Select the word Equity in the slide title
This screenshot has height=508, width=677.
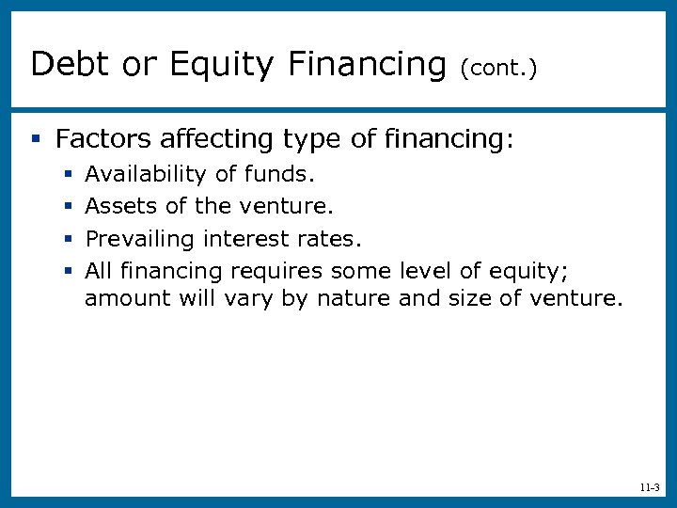pyautogui.click(x=222, y=64)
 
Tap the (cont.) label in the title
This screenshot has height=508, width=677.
pyautogui.click(x=498, y=68)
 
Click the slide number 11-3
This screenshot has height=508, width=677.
pyautogui.click(x=649, y=488)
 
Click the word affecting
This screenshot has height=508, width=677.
pyautogui.click(x=217, y=140)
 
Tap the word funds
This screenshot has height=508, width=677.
pyautogui.click(x=279, y=174)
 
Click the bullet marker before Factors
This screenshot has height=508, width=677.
pyautogui.click(x=35, y=141)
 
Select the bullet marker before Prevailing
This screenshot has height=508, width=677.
pyautogui.click(x=68, y=239)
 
